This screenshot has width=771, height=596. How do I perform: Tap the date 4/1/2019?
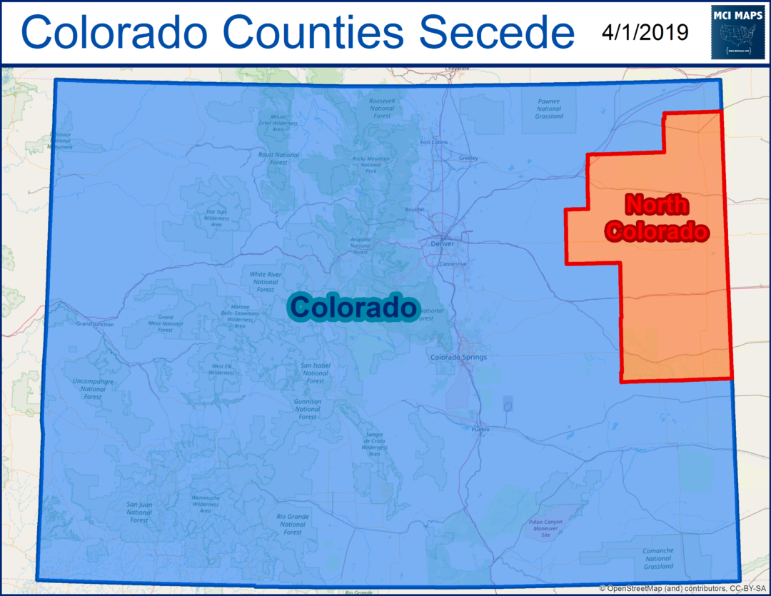pos(644,32)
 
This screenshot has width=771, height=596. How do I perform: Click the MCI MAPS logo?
pos(738,32)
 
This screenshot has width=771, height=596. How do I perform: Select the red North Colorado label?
pos(657,218)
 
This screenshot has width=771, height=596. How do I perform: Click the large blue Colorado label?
pos(353,308)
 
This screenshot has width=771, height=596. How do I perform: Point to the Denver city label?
pos(443,243)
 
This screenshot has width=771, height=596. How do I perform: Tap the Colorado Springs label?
pos(458,357)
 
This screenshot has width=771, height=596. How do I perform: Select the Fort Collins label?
pos(434,142)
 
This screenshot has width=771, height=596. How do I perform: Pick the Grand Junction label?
pos(95,323)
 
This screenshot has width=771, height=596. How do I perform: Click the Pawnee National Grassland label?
pos(549,108)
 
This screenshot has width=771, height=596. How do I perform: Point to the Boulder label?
pos(414,210)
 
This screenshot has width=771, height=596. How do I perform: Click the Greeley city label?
pos(468,158)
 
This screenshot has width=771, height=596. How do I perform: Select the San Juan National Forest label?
pos(139,512)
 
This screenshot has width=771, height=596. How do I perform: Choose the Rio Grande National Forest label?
pos(292,524)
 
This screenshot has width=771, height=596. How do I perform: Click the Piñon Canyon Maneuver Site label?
pos(546,528)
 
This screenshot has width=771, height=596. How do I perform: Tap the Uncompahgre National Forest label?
pos(93,388)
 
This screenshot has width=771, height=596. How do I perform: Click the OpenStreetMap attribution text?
pos(683,588)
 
